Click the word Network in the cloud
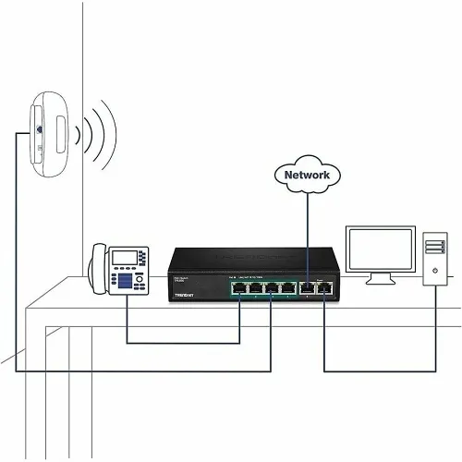pyautogui.click(x=308, y=174)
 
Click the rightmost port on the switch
pyautogui.click(x=324, y=289)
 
